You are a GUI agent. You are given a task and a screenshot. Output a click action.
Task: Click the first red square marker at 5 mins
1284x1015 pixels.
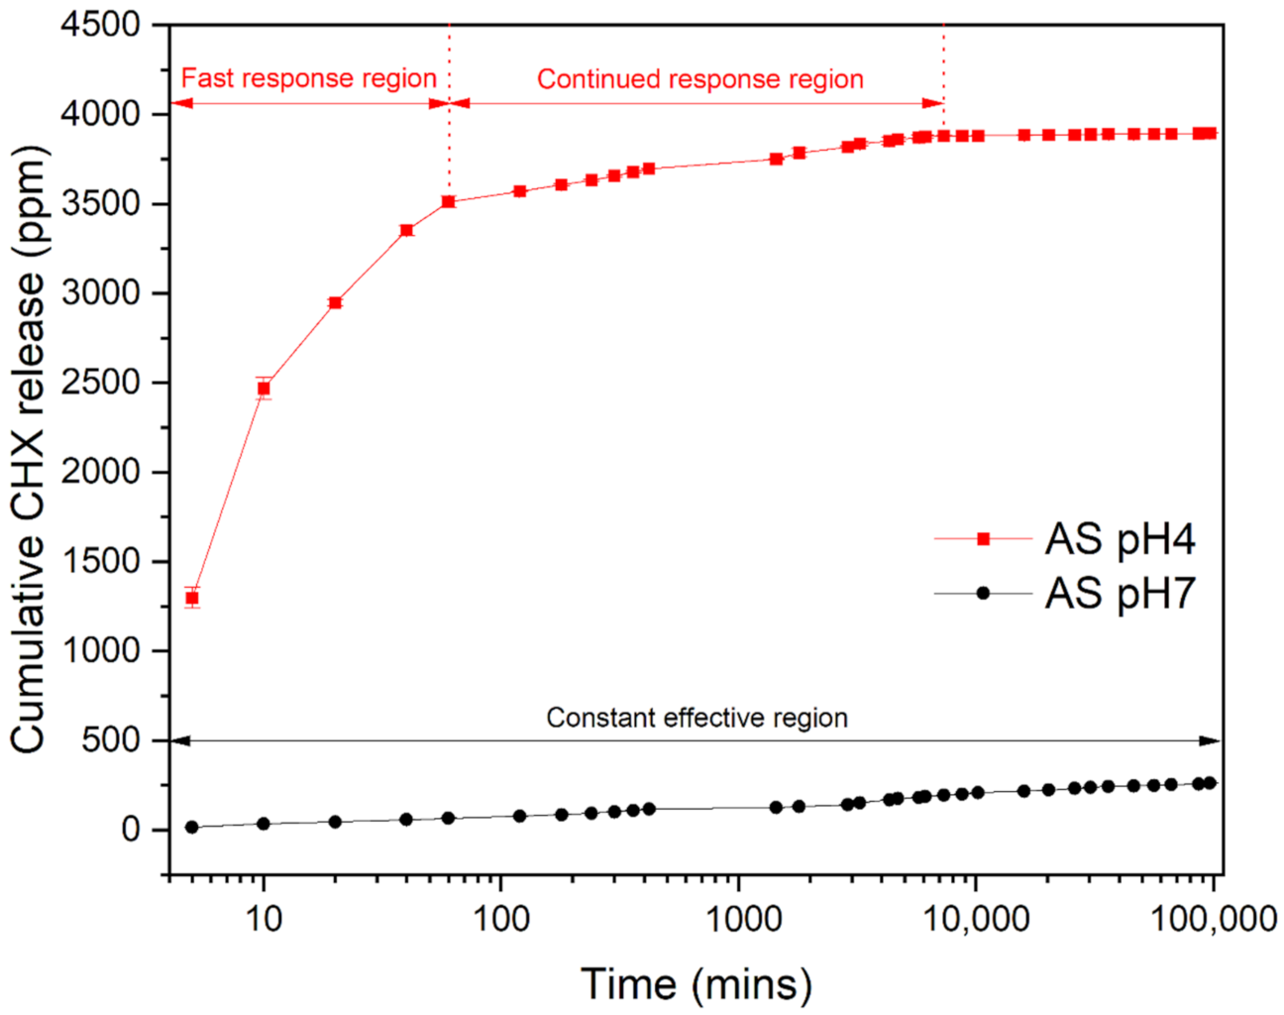192,598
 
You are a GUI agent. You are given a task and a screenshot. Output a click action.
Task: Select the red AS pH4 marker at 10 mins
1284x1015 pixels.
264,389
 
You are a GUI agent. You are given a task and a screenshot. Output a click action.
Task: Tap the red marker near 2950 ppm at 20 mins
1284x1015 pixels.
335,302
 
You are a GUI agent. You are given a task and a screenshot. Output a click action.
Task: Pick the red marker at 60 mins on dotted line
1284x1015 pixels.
448,201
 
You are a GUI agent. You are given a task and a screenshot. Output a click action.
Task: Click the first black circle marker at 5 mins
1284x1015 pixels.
192,827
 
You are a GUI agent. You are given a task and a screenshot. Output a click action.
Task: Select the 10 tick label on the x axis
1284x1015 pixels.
263,920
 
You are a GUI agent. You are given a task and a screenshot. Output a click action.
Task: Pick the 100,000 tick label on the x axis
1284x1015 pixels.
1213,920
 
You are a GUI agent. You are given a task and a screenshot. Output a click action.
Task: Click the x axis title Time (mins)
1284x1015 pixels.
696,983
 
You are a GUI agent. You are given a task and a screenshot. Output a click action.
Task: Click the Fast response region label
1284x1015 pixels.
308,78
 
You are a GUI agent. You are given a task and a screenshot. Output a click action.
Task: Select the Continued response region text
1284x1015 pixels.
699,79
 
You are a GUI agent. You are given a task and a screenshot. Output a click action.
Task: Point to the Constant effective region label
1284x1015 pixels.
696,718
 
